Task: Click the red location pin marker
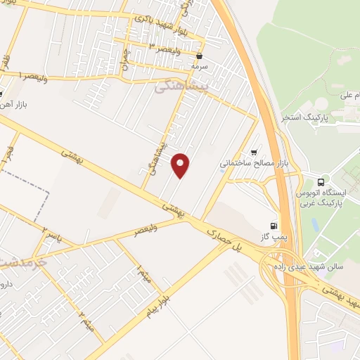(x=181, y=166)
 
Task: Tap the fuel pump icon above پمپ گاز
(x=274, y=226)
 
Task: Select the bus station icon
(x=322, y=181)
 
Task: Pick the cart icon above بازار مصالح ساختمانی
(x=253, y=153)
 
